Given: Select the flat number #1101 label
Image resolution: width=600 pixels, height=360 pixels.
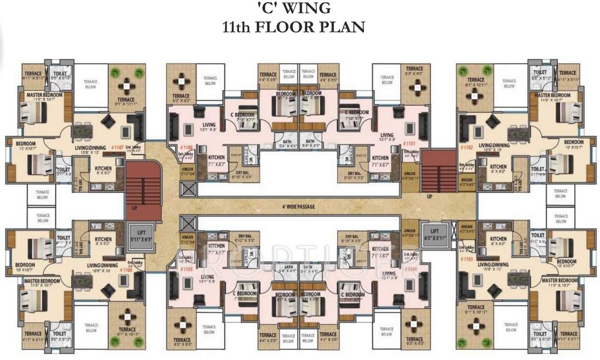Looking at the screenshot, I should click(x=409, y=143).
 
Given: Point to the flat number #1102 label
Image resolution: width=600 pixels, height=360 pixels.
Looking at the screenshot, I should click(x=467, y=147).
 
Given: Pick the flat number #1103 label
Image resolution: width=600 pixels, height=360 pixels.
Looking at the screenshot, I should click(x=466, y=258).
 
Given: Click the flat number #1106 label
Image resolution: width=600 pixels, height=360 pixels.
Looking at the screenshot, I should click(x=126, y=270).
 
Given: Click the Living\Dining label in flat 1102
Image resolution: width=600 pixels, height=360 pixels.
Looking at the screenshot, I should click(x=494, y=145).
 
